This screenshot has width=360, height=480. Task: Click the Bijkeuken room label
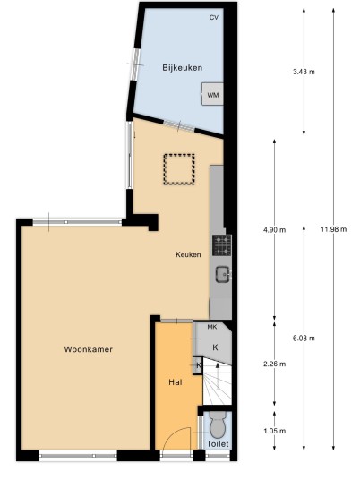point(182,67)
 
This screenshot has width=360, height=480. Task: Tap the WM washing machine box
point(212,94)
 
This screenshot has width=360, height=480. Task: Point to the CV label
point(214,17)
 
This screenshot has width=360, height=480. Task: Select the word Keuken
point(188,254)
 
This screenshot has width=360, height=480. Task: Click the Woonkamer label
point(89,349)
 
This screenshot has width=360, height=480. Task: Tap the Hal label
point(176,382)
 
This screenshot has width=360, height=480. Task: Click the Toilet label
point(218,443)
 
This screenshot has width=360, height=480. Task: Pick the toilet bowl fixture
point(218,424)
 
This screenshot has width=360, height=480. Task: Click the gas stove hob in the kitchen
point(222,245)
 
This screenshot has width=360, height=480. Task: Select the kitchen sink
point(223,274)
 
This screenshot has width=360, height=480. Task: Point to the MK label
point(212,327)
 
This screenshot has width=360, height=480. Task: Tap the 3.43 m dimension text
point(304,72)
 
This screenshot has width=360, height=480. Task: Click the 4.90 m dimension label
point(274,229)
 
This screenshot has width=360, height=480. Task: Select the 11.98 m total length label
point(334,229)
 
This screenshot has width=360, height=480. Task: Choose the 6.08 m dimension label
point(304,338)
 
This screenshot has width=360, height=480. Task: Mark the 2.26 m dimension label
point(274,364)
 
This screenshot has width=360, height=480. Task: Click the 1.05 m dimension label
point(274,431)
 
